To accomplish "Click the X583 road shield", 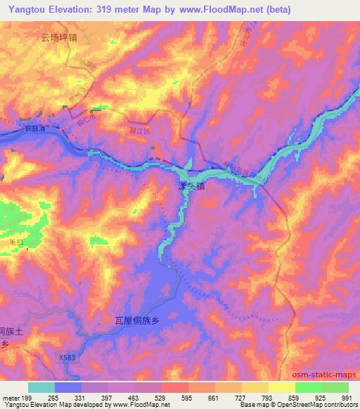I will pos(66,358).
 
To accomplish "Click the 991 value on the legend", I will pos(347,397).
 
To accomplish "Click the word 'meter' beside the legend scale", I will pos(10,397).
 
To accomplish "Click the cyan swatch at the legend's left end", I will pos(41,387).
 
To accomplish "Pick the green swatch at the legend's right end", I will pos(335,387).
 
